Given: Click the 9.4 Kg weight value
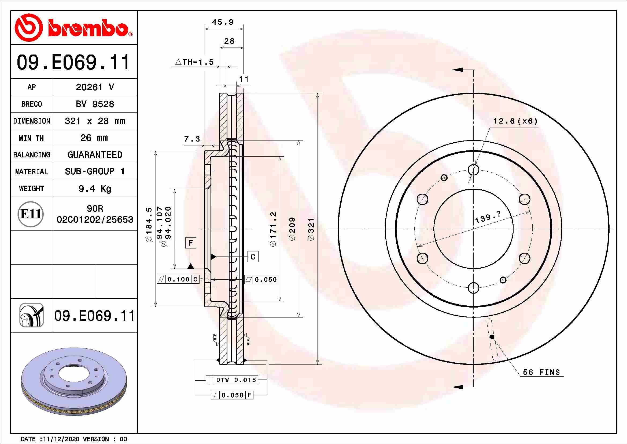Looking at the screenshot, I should point(95,189).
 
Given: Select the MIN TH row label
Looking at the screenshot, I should point(31,138).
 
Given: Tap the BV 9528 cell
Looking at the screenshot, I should point(95,104).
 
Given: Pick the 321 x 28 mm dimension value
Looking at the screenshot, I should point(95,121).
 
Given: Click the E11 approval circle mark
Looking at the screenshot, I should point(31,214).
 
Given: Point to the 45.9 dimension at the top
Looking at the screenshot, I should point(223,22).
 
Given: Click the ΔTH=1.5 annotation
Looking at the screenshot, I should point(194,62).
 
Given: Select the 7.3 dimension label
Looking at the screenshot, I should point(192,139).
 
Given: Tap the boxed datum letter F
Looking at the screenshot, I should point(191,243).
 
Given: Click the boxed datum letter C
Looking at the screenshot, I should point(253,257).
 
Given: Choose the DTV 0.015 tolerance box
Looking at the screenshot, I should point(232,380).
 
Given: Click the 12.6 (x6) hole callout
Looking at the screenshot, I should point(515,121).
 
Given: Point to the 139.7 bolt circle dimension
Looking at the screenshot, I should point(488,217).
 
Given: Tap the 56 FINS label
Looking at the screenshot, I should point(541,372).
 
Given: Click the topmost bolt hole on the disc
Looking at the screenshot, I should point(473,169).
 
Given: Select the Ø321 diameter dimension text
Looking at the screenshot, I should point(311,229).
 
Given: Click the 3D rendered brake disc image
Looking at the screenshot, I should point(74,382).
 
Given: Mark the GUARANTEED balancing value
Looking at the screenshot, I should point(95,155).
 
